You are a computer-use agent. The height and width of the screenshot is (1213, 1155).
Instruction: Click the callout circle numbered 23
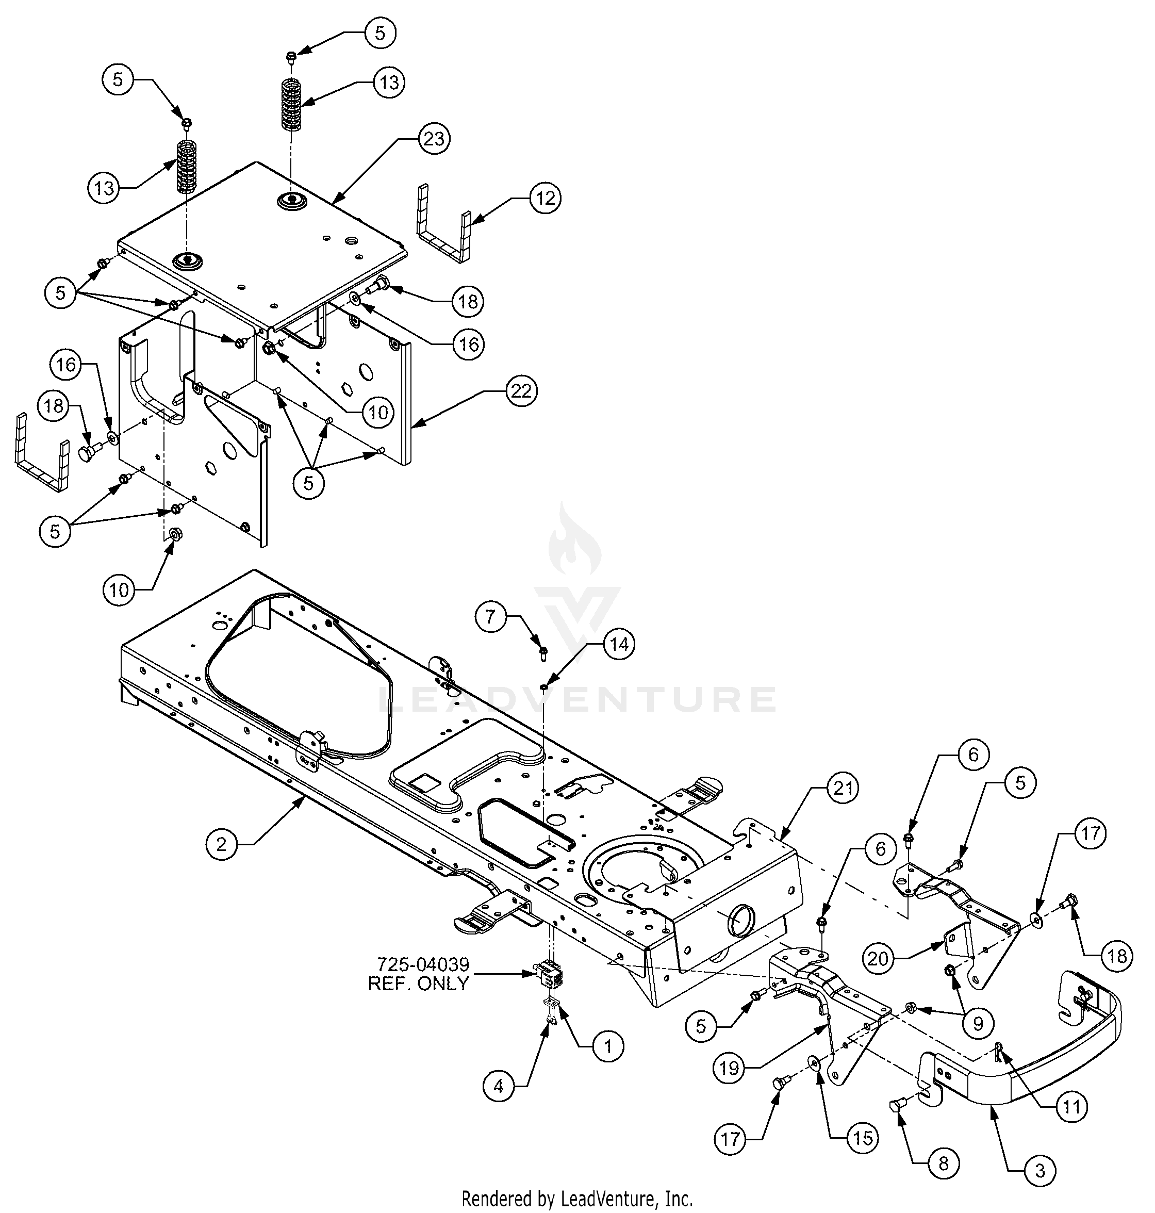coord(434,139)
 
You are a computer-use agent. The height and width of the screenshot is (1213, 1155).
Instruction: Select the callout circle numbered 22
coord(521,391)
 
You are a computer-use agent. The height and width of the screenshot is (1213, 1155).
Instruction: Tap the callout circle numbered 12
coord(546,198)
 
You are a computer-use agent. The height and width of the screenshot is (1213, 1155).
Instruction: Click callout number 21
coord(841,788)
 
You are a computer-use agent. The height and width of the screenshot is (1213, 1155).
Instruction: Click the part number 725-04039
coord(423,963)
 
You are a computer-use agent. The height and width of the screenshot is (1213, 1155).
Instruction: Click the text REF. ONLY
coord(418,983)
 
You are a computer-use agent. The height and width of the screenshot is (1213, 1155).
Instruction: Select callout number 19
coord(730,1068)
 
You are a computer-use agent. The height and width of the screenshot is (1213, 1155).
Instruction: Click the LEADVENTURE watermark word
coord(577,699)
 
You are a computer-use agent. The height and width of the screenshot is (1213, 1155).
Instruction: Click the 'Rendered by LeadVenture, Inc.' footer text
coord(577,1199)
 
